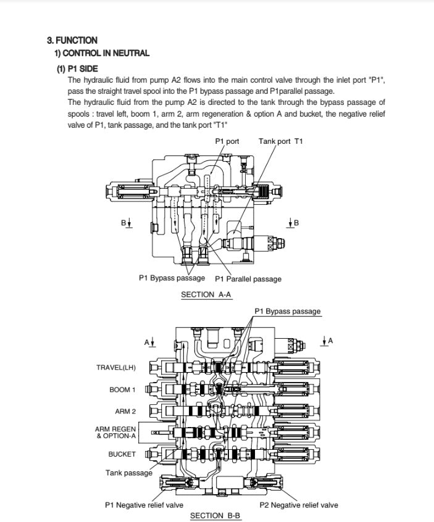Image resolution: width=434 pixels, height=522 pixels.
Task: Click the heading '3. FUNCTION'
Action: tap(72, 40)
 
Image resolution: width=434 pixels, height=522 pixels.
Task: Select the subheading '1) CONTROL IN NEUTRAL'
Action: tap(102, 54)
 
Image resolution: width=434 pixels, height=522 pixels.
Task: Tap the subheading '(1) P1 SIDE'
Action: tap(78, 68)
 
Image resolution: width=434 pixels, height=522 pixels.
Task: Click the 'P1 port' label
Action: tap(227, 141)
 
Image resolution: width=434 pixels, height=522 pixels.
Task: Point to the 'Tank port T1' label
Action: tap(280, 141)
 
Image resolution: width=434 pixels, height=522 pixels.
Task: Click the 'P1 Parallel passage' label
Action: tap(248, 279)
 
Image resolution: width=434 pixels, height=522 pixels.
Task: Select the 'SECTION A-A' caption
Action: tap(206, 295)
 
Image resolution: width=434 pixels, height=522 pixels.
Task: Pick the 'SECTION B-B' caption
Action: tap(215, 515)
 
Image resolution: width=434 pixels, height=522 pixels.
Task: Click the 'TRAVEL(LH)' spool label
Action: tap(115, 368)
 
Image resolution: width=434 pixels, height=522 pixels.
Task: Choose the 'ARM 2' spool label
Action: tap(125, 411)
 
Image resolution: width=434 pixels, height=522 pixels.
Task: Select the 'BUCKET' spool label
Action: tap(122, 454)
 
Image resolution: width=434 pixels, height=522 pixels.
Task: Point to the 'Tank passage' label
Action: tap(128, 473)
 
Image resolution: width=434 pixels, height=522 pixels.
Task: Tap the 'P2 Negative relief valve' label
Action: tap(299, 505)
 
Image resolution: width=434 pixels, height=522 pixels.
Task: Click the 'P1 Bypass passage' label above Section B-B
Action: tap(288, 311)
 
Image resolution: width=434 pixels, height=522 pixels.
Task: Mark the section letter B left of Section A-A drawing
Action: tap(123, 222)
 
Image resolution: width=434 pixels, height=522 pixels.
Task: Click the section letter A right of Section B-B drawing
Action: tap(330, 341)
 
